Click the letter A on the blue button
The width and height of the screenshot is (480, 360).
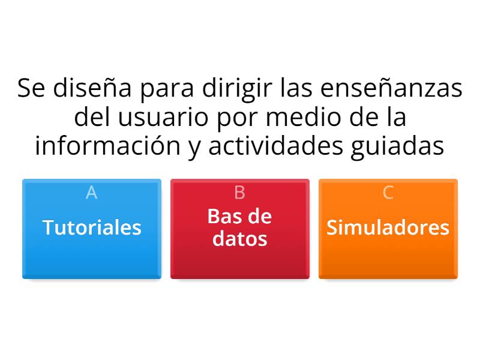click(x=91, y=193)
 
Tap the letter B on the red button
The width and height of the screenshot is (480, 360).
click(x=239, y=193)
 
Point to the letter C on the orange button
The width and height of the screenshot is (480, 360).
click(x=388, y=193)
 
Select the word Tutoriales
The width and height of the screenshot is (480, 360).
click(x=92, y=227)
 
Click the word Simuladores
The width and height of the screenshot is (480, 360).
click(x=388, y=227)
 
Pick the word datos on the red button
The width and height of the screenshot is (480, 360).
click(x=240, y=239)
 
